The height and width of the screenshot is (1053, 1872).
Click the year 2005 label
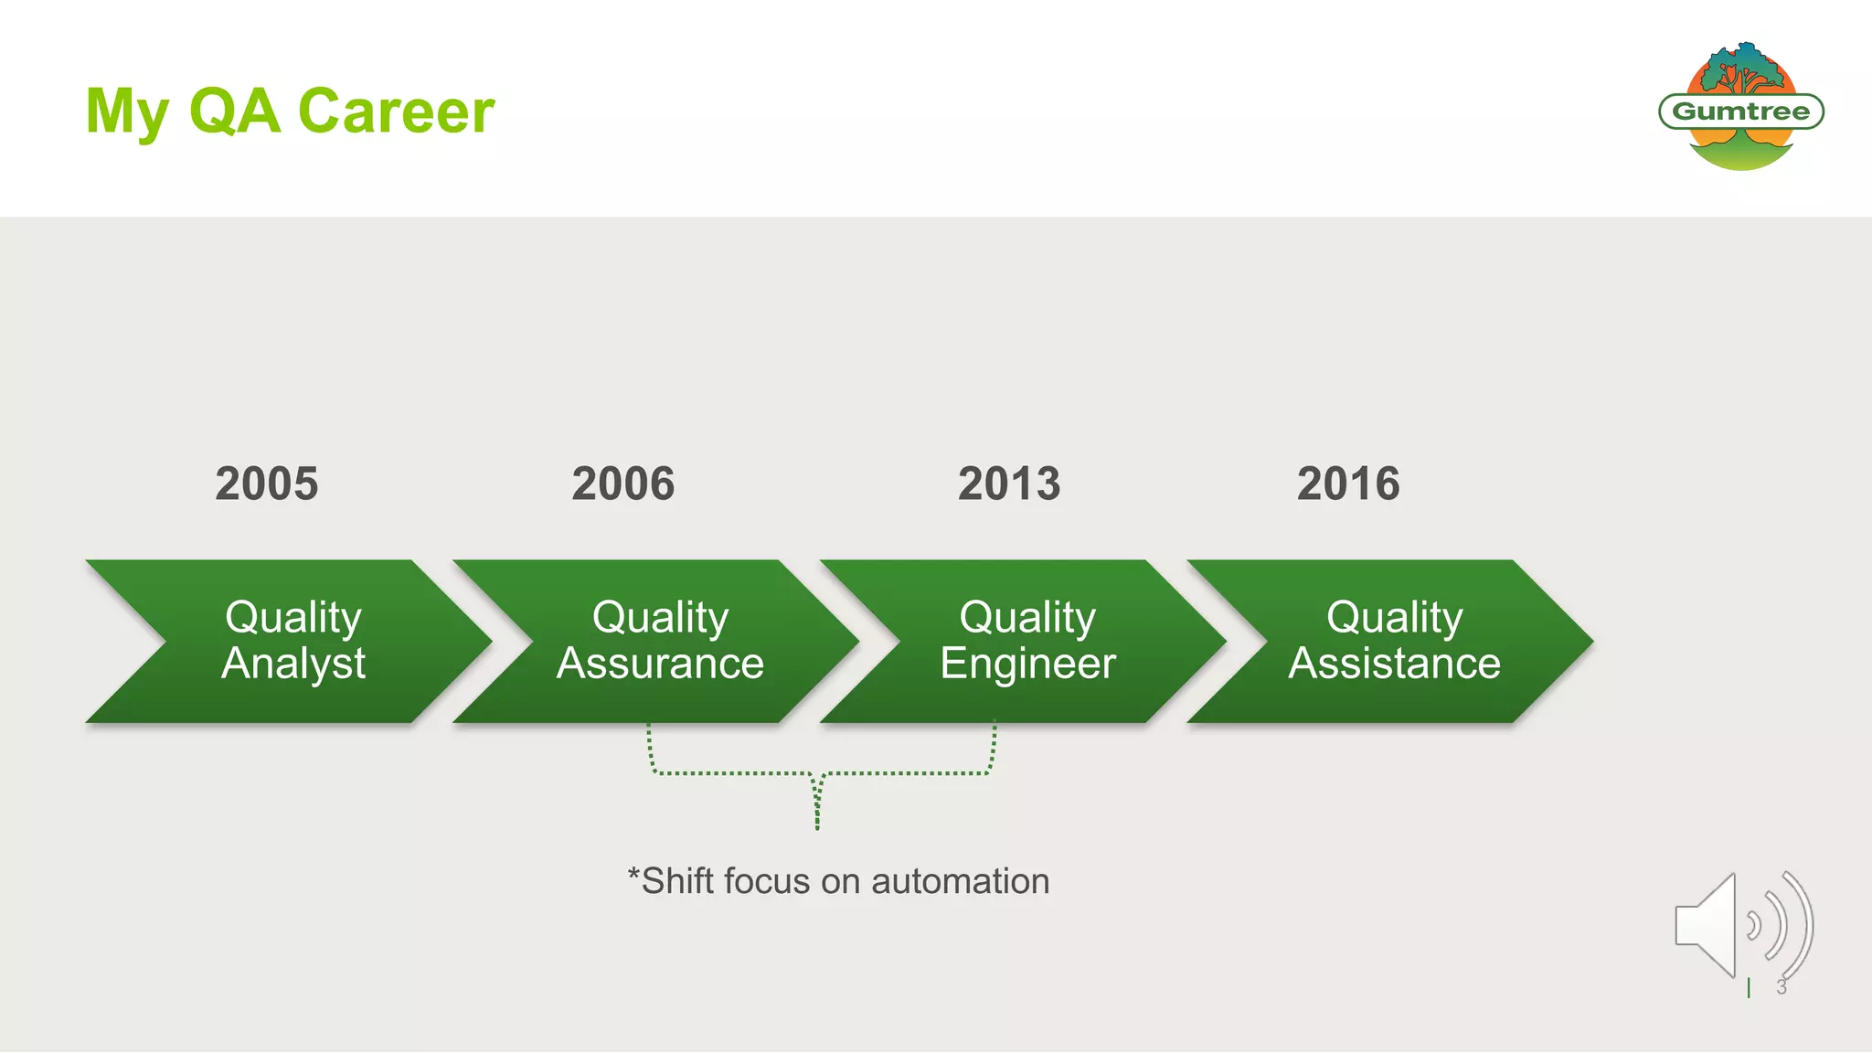pos(267,484)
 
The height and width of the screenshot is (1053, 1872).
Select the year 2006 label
pos(623,484)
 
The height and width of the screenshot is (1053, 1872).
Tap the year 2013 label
pos(1009,484)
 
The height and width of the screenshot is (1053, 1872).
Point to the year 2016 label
pos(1348,484)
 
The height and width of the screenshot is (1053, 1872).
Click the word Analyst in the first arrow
pos(293,664)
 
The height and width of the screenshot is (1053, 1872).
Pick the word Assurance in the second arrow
pos(660,664)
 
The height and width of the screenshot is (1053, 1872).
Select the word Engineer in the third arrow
pos(1027,664)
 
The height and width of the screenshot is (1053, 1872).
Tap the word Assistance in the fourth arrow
pos(1394,664)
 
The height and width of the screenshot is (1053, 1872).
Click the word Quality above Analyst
pos(293,617)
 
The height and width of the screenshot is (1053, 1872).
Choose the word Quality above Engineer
pos(1027,617)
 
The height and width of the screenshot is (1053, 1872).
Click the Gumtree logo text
pos(1740,112)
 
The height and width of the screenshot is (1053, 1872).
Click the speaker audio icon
pos(1741,925)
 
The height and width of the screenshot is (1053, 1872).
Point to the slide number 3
pos(1782,987)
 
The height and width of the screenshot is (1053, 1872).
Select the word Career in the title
pos(396,112)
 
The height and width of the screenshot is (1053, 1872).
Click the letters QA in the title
pos(234,112)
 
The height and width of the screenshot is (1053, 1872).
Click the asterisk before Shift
pos(633,875)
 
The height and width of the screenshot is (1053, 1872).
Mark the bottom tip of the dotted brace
pos(817,827)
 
